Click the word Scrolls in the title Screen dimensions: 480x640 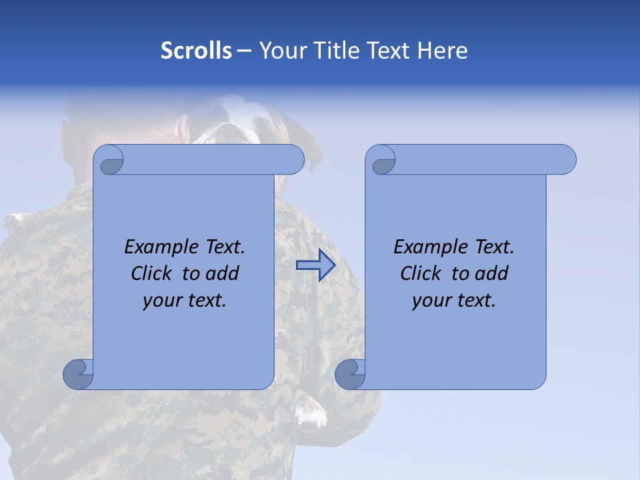point(197,51)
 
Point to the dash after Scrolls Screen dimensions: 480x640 point(245,51)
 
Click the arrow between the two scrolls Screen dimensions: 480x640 point(315,265)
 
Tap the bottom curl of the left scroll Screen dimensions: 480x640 point(78,374)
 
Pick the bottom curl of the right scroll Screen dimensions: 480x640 point(350,374)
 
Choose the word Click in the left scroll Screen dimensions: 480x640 point(152,273)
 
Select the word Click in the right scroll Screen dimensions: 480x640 point(421,273)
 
